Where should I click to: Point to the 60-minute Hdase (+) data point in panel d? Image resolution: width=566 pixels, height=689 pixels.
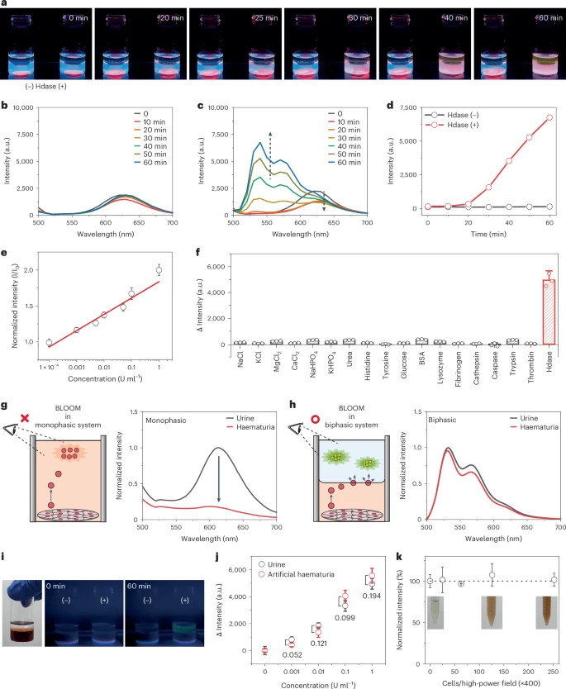pos(549,117)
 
